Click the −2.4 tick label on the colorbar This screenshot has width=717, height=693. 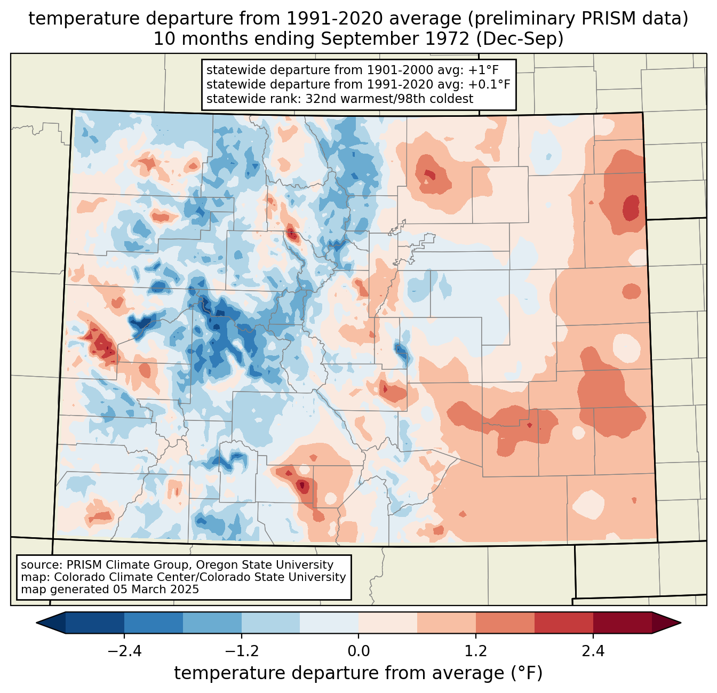(x=124, y=651)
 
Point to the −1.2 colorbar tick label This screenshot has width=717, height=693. (x=241, y=651)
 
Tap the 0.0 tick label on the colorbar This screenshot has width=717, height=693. (x=359, y=651)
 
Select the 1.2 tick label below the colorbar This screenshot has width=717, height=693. (x=476, y=651)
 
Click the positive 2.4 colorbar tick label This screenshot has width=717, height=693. (x=593, y=651)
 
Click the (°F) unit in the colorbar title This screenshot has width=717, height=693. (x=527, y=673)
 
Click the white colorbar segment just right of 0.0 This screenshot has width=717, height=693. (x=388, y=623)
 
